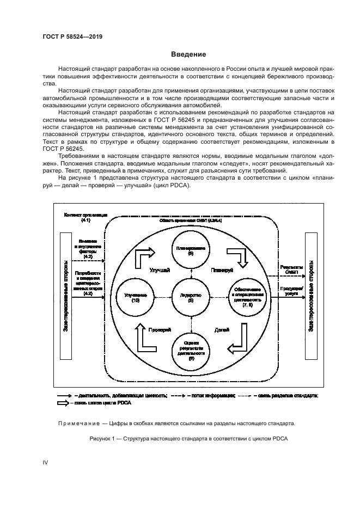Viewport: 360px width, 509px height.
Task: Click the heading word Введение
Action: tap(188, 54)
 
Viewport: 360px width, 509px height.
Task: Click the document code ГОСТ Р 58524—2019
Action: tap(72, 36)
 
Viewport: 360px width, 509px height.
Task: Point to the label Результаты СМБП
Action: tap(289, 269)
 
